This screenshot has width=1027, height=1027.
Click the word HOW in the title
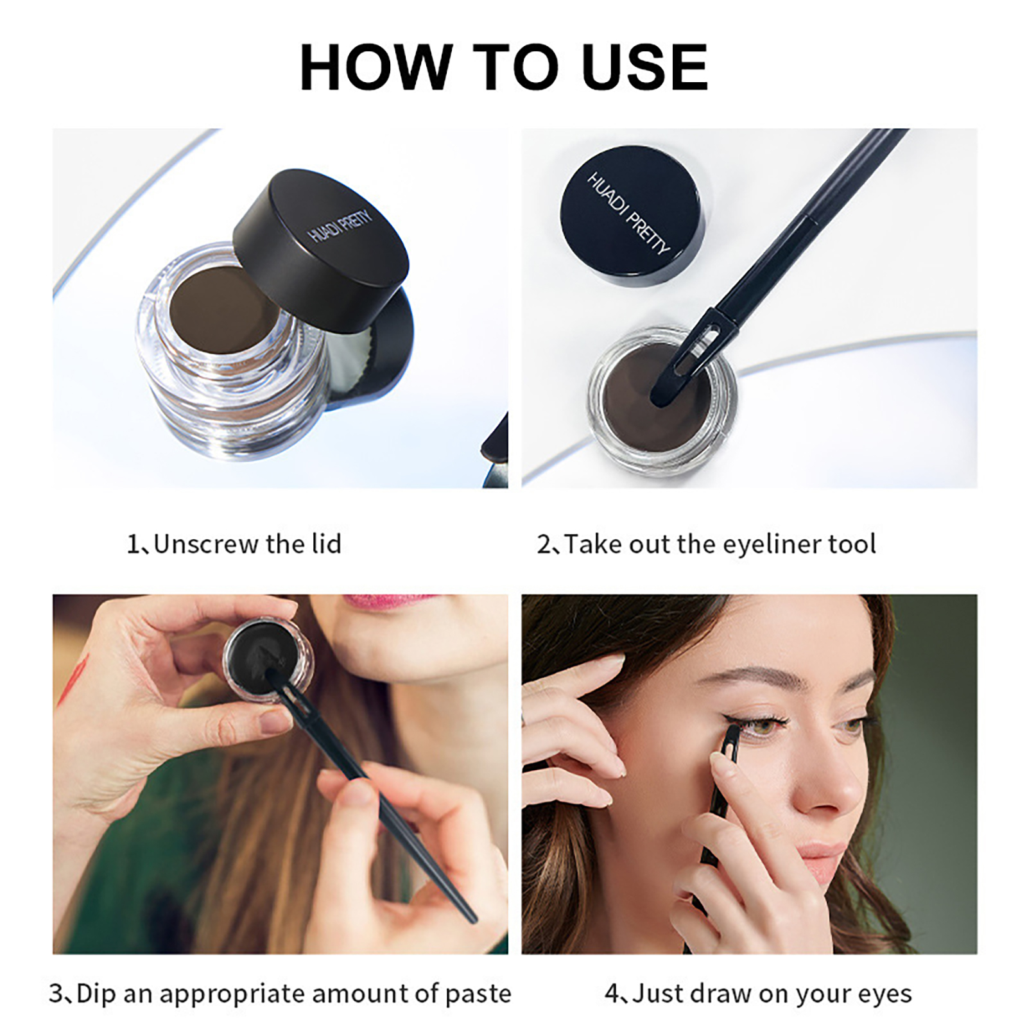click(x=375, y=67)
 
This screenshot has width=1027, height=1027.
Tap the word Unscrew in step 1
click(x=205, y=544)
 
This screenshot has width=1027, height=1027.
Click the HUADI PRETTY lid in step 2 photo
click(x=632, y=215)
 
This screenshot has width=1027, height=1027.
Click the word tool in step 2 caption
click(x=852, y=544)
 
